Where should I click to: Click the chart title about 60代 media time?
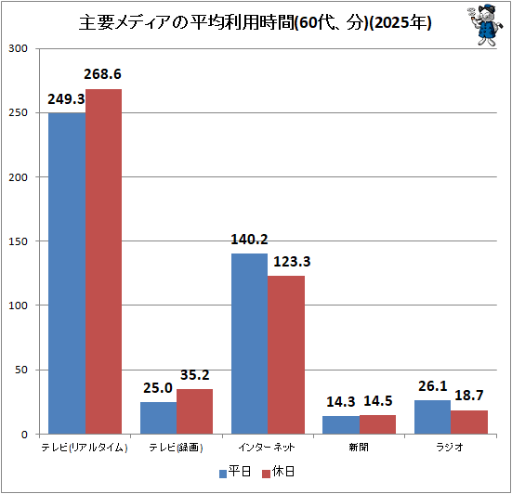[255, 22]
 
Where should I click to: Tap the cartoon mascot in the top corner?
[484, 25]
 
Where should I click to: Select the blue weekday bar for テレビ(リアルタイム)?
[67, 273]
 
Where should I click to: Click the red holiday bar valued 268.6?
[103, 261]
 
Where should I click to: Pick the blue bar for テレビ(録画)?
[158, 418]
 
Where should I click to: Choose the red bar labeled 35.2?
[194, 411]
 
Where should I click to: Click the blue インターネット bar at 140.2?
[249, 344]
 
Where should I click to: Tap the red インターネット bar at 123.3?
[286, 355]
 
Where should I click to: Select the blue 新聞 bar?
[341, 425]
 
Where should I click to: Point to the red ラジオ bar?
[469, 422]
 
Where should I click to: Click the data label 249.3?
[66, 99]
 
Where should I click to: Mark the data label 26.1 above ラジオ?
[433, 386]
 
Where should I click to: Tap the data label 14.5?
[378, 401]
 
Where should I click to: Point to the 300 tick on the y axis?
[18, 48]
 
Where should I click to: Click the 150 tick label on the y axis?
[18, 241]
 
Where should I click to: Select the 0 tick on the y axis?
[24, 435]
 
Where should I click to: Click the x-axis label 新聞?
[359, 447]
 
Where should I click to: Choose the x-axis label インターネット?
[267, 447]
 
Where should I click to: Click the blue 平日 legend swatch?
[223, 474]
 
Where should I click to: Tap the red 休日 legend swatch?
[266, 474]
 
